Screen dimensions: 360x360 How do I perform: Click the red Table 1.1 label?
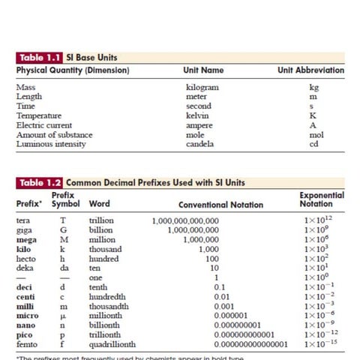(39, 57)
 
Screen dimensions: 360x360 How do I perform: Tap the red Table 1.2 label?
(39, 182)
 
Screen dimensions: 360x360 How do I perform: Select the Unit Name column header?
(203, 70)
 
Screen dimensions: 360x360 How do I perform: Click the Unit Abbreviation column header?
(310, 70)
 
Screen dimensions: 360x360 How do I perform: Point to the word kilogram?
(202, 87)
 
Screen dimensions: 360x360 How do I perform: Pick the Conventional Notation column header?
(220, 204)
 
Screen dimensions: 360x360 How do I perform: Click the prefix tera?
(23, 220)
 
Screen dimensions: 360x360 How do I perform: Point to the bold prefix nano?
(25, 325)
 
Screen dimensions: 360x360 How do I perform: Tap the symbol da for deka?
(64, 268)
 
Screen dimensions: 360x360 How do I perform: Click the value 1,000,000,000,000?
(185, 220)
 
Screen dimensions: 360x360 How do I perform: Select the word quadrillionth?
(112, 344)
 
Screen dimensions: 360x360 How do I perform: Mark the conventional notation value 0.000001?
(230, 316)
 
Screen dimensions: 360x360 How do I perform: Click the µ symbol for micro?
(64, 316)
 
